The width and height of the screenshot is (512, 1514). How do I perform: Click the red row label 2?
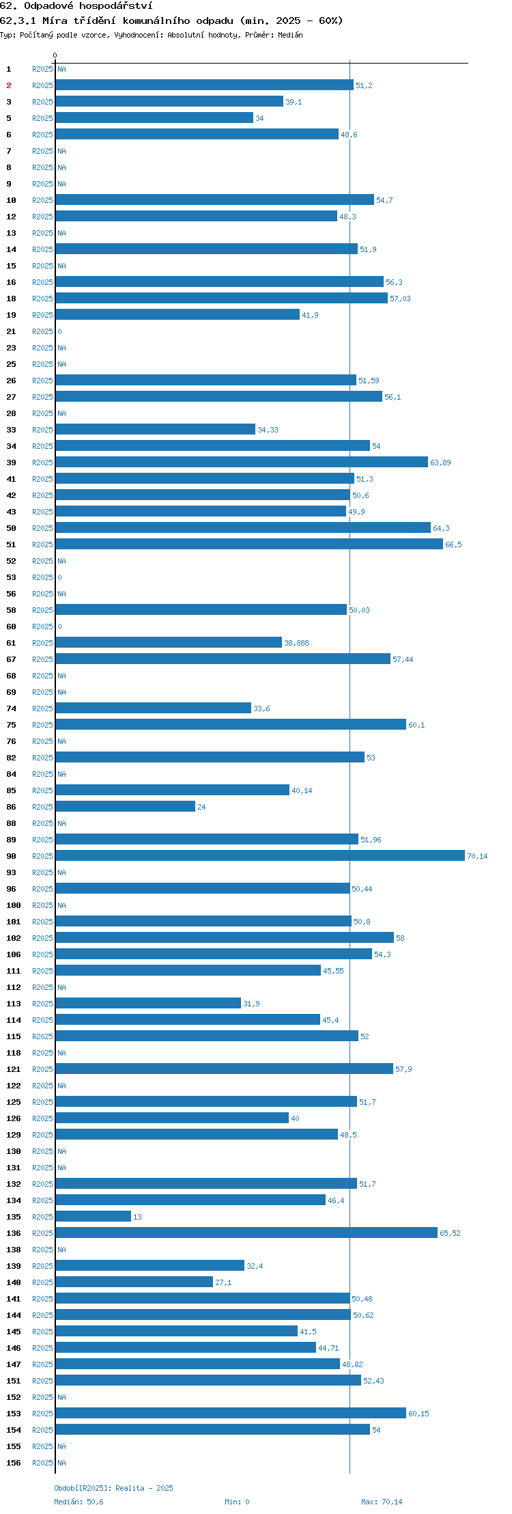tap(9, 85)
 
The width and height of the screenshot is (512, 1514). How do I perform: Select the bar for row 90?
tap(260, 855)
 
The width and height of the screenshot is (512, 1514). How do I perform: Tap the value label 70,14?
tap(477, 856)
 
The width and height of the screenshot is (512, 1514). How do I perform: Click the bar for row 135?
tap(94, 1216)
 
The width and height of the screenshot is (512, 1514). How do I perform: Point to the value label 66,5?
tap(453, 545)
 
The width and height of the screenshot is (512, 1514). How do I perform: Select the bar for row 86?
tap(126, 806)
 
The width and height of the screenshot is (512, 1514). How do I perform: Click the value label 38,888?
tap(296, 643)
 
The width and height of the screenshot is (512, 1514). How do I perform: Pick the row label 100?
tap(14, 905)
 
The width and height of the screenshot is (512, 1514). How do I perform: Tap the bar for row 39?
tap(242, 462)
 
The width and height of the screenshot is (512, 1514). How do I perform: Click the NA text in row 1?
tap(61, 69)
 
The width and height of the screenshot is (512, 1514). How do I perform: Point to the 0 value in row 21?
tap(59, 331)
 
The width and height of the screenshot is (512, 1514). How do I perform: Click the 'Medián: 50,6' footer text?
tap(79, 1502)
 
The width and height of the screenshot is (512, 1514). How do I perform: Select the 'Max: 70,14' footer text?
tap(382, 1502)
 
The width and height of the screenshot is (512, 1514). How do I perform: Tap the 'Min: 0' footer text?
tap(237, 1502)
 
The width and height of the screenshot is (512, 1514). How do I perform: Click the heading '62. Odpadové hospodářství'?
tap(76, 6)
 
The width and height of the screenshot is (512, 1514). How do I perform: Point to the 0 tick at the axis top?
tap(55, 55)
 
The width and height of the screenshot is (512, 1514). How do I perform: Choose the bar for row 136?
tap(246, 1233)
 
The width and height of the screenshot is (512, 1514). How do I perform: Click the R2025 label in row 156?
tap(42, 1463)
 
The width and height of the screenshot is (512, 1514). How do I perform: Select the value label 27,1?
tap(223, 1282)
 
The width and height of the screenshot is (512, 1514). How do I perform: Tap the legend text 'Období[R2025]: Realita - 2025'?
tap(114, 1488)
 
